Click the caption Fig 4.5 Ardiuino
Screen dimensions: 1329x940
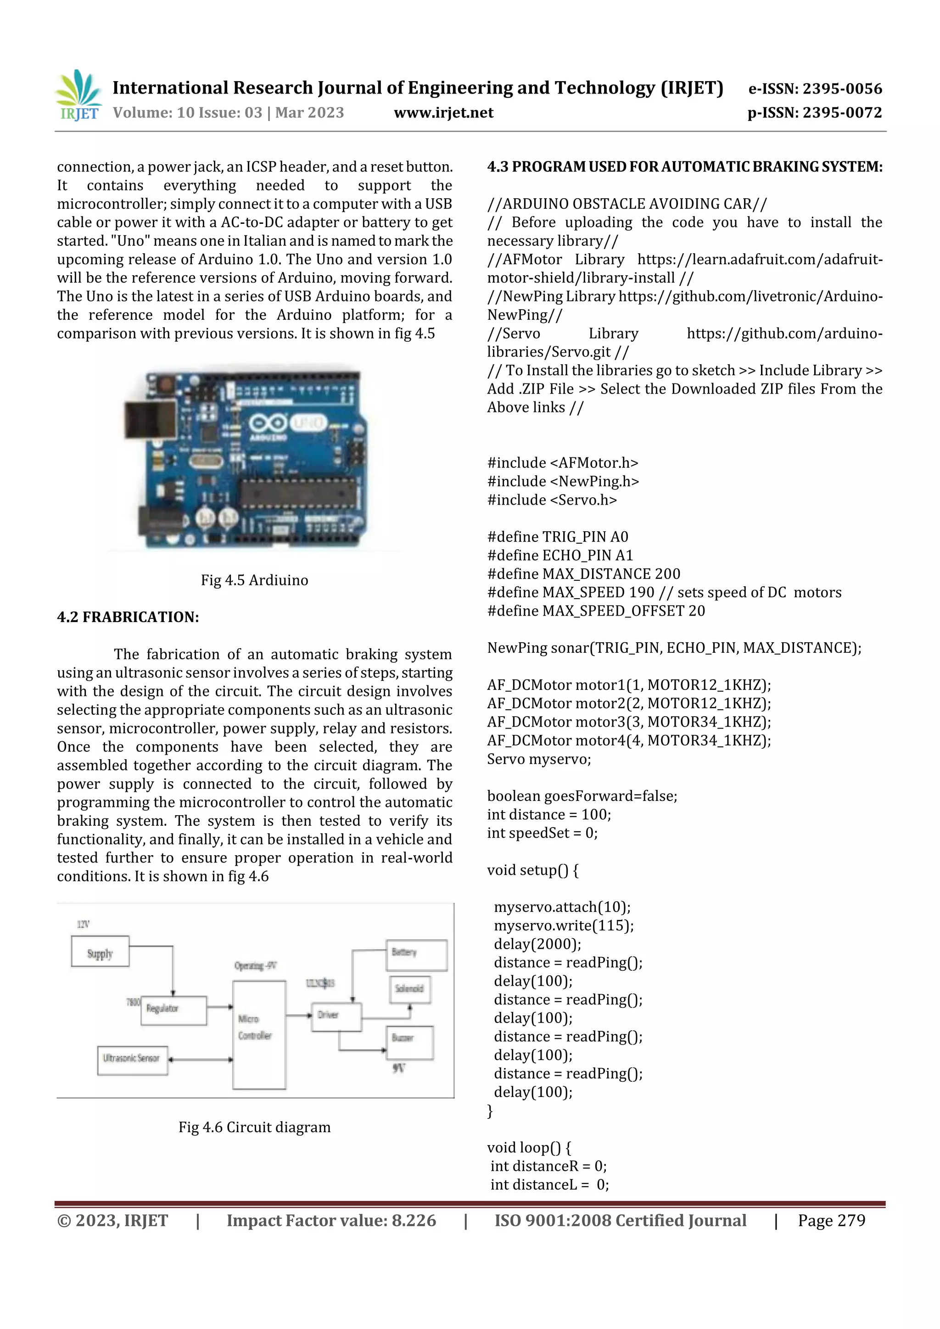pos(254,580)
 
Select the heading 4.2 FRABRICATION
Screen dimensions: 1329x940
pos(128,617)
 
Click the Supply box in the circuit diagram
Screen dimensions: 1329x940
pos(100,951)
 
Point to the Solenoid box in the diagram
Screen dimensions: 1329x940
pos(409,989)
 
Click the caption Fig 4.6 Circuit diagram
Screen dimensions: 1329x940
pos(254,1127)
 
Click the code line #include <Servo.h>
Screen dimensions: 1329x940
pos(552,500)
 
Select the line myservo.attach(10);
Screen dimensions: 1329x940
pos(562,907)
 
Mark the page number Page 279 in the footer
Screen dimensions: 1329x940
pos(831,1220)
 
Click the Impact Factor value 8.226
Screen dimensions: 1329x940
pos(414,1220)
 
